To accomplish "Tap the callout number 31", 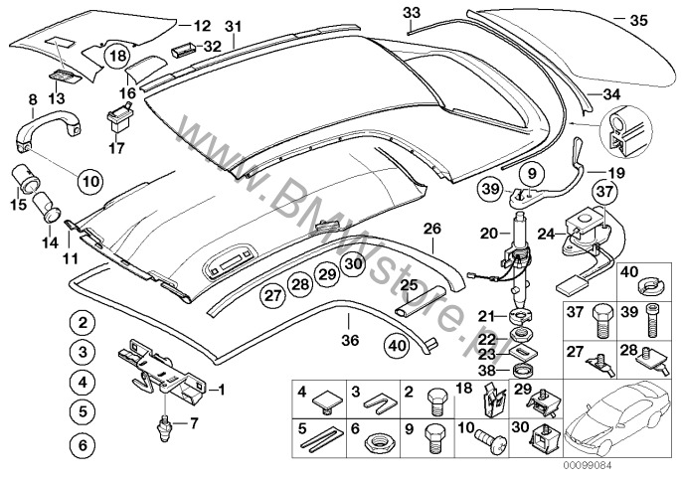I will [233, 26].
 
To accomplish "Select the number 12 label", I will [202, 24].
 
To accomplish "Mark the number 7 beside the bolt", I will [194, 422].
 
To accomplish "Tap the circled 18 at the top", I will [118, 57].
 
